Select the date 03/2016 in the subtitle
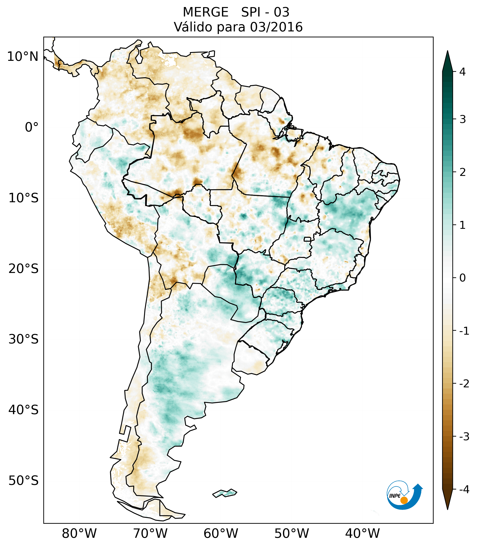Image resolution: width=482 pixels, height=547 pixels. click(276, 27)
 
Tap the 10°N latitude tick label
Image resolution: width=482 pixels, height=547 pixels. click(23, 57)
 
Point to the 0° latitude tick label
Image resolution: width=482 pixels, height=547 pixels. click(31, 127)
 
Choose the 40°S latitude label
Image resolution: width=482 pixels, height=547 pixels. click(24, 410)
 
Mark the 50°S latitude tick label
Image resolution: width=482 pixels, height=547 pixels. click(24, 481)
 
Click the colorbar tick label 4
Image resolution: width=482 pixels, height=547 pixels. click(462, 72)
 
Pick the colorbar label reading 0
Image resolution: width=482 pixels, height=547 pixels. click(462, 278)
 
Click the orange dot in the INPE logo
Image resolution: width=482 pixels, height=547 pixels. click(404, 500)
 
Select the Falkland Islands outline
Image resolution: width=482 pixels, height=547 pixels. click(225, 493)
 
